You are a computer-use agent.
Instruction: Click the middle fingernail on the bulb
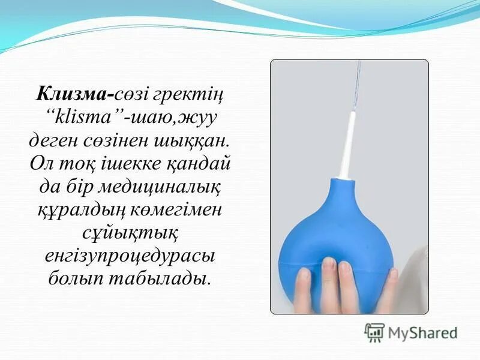tap(329, 264)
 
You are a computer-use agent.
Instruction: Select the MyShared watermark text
tap(422, 332)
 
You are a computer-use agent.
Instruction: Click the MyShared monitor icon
tap(374, 332)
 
